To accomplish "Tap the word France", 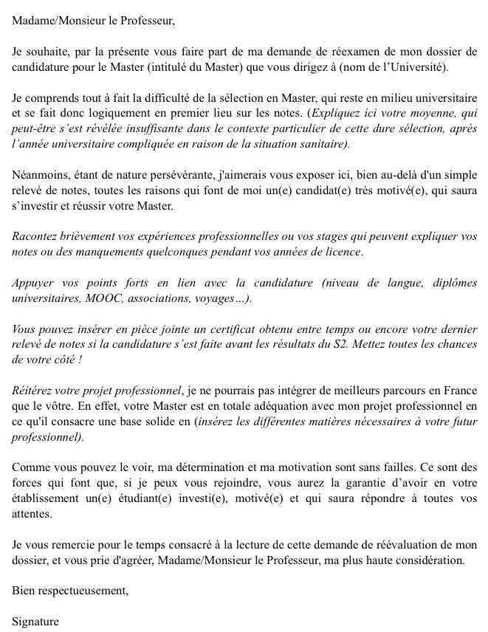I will pos(461,391).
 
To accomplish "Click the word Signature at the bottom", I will pos(35,621).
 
